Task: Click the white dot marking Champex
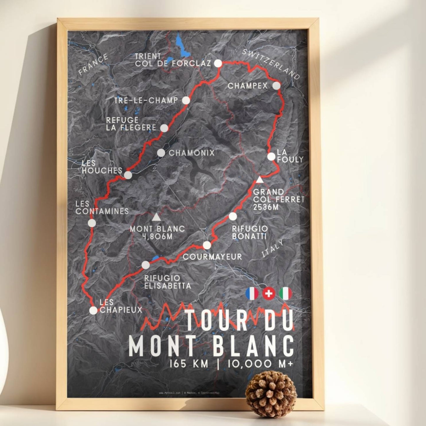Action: click(x=276, y=86)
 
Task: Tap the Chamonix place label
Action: click(x=192, y=153)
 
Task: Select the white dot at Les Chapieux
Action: click(x=93, y=310)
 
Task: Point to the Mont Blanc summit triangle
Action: click(x=156, y=218)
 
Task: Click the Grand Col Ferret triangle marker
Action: click(x=259, y=180)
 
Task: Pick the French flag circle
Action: click(x=252, y=294)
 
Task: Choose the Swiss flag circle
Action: click(x=269, y=294)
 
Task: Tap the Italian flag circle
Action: click(x=285, y=294)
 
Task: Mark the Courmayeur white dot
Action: click(x=207, y=245)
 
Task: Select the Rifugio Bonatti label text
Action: click(x=250, y=232)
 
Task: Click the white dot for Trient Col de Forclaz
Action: click(x=218, y=63)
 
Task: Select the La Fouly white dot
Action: click(x=271, y=157)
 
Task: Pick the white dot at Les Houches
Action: click(x=128, y=175)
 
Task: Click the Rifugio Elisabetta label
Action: click(x=167, y=282)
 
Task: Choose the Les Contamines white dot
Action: click(x=92, y=223)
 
